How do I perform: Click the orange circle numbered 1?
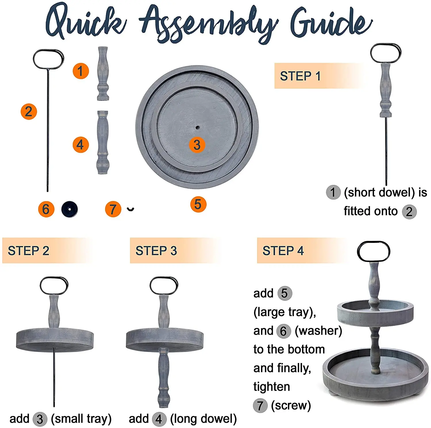point(80,71)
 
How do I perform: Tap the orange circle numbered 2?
point(29,112)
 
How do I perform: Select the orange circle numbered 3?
point(197,145)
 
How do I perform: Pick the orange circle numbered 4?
point(80,144)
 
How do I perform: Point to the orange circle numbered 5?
point(198,205)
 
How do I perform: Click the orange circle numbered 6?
point(46,209)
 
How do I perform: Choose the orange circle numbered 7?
point(113,209)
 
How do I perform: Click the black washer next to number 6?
point(70,209)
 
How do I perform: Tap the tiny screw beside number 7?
point(131,209)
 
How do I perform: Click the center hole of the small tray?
point(197,127)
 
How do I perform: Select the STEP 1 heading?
point(300,76)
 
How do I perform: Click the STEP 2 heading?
point(28,251)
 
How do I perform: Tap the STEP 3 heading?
point(156,251)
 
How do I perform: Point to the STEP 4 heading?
point(283,251)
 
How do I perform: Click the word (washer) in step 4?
point(318,331)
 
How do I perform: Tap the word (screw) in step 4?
point(291,406)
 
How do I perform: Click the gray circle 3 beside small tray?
point(40,419)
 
